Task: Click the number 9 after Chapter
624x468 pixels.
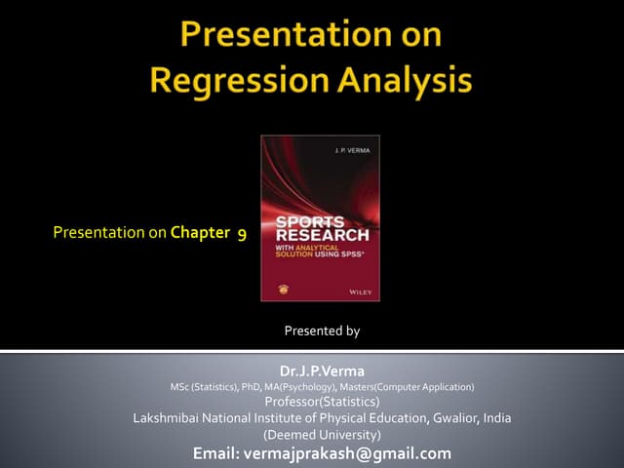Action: tap(240, 233)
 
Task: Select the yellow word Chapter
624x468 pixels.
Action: tap(199, 233)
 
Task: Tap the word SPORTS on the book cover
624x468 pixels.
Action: tap(302, 222)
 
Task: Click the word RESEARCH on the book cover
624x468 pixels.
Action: tap(319, 235)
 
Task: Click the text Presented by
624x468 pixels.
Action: tap(322, 331)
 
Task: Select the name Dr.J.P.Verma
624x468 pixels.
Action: tap(322, 371)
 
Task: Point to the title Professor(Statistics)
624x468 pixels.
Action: tap(322, 402)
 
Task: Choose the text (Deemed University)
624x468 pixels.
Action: tap(322, 435)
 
